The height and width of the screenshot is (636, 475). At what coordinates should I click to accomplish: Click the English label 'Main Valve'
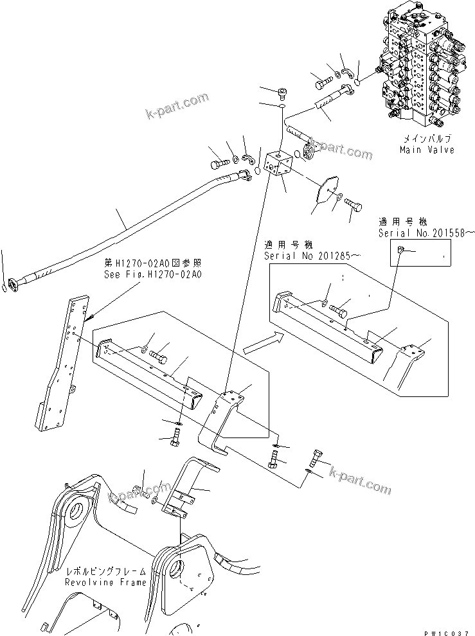(x=427, y=150)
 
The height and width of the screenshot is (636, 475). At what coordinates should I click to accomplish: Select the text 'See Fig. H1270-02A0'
(x=152, y=273)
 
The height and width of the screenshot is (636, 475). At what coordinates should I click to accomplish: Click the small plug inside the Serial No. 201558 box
(x=400, y=251)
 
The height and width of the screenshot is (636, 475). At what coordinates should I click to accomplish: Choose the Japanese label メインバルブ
(x=427, y=139)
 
